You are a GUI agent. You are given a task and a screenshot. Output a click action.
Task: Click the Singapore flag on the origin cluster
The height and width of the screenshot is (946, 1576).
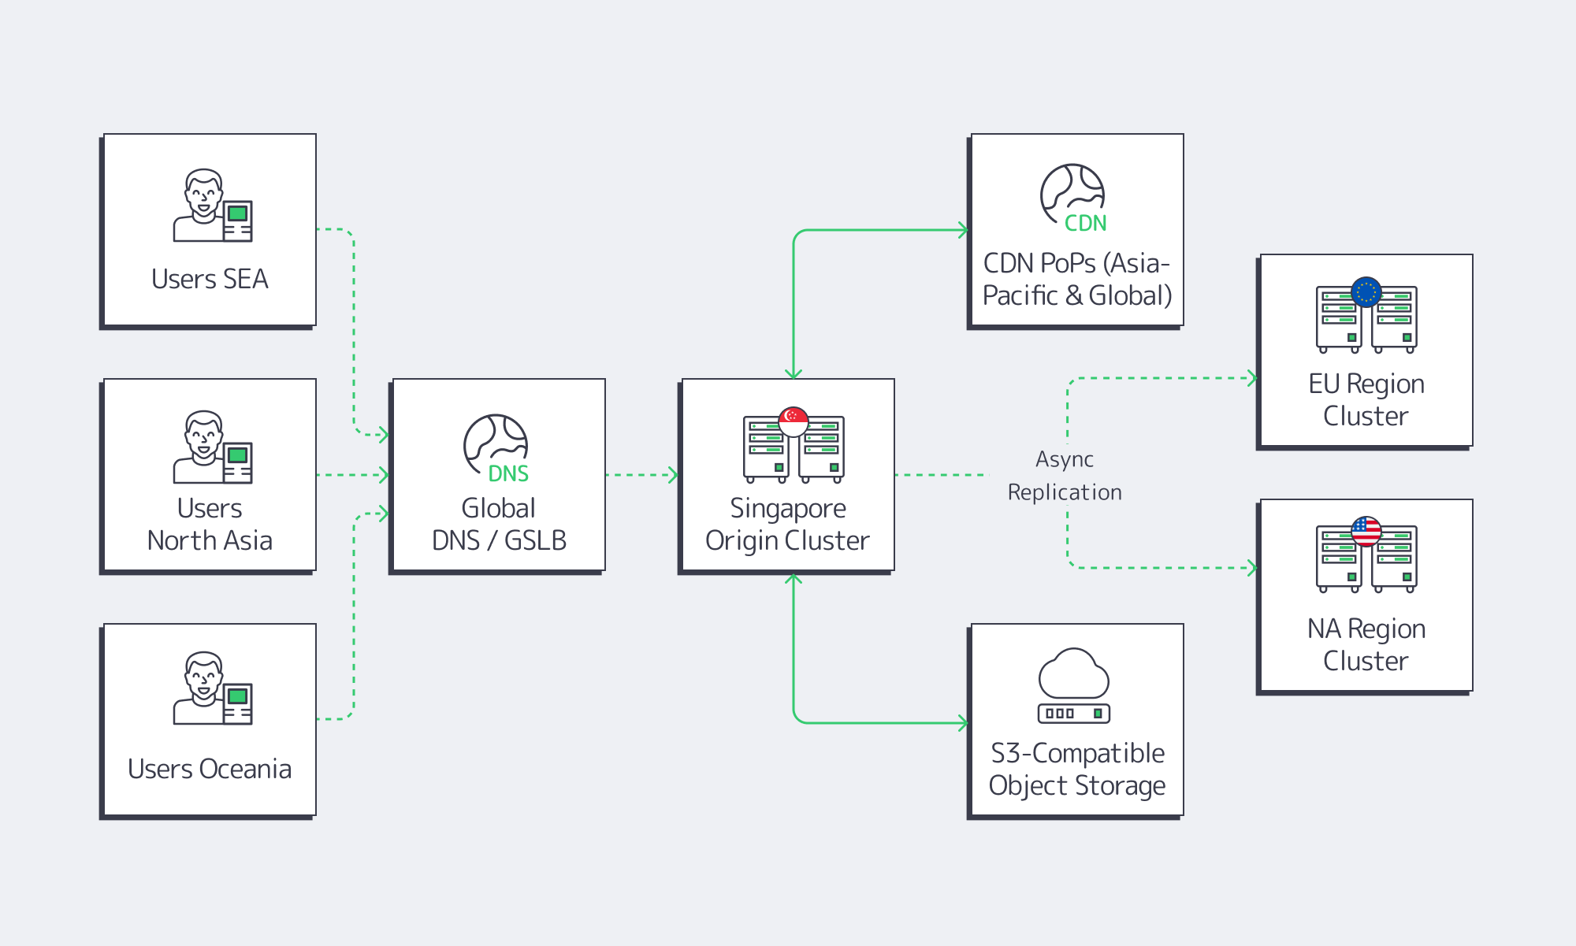tap(793, 421)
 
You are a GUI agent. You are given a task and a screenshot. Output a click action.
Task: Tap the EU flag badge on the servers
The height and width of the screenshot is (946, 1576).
tap(1366, 291)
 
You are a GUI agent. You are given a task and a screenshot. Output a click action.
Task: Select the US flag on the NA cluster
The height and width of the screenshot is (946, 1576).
tap(1366, 531)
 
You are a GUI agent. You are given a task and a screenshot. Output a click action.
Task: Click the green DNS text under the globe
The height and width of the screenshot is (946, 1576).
tap(508, 473)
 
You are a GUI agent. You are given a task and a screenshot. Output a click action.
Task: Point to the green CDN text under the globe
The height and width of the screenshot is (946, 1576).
tap(1085, 224)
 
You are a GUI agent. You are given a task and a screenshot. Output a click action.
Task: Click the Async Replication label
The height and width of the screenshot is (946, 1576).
tap(1065, 476)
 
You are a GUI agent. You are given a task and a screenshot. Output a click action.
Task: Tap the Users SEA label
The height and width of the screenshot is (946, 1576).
tap(210, 279)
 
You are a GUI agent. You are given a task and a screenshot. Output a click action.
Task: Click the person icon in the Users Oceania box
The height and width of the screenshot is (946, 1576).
tap(203, 687)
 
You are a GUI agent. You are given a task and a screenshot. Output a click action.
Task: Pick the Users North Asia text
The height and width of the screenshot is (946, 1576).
tap(210, 524)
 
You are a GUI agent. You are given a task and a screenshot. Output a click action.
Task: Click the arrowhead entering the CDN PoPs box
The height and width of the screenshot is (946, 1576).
tap(963, 230)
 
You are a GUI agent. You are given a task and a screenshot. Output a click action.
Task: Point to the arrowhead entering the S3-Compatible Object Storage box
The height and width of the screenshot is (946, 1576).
tap(963, 722)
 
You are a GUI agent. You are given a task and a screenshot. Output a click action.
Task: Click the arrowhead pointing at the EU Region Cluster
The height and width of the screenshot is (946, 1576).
tap(1251, 378)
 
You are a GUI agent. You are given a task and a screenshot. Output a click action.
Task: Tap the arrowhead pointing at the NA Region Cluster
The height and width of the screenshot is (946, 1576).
tap(1251, 567)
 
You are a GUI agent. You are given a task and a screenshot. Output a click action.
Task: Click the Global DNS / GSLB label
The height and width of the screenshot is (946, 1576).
tap(499, 524)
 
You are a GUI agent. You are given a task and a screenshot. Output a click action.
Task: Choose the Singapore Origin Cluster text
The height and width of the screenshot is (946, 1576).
tap(787, 524)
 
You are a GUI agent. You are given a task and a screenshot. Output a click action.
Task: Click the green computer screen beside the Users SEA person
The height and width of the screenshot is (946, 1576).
tap(237, 213)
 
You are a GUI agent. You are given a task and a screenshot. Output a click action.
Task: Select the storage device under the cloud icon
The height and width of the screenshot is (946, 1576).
tap(1073, 714)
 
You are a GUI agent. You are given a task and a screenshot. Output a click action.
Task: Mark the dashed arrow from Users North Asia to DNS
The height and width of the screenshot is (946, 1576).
tap(352, 475)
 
